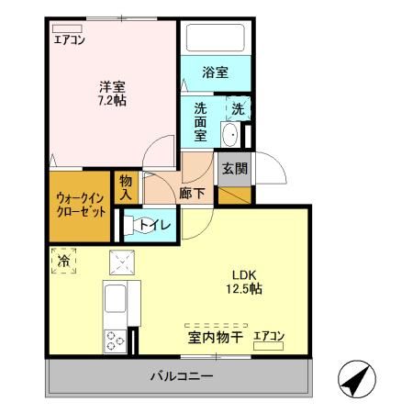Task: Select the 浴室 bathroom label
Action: pos(216,73)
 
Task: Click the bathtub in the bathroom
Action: pos(216,39)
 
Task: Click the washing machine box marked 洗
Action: pos(237,108)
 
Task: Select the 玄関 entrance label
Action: pos(234,168)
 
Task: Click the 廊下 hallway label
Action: pos(192,194)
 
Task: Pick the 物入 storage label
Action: pos(126,188)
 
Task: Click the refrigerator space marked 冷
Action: pos(63,260)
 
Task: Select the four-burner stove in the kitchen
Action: pos(117,340)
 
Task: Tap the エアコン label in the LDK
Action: pos(269,336)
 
